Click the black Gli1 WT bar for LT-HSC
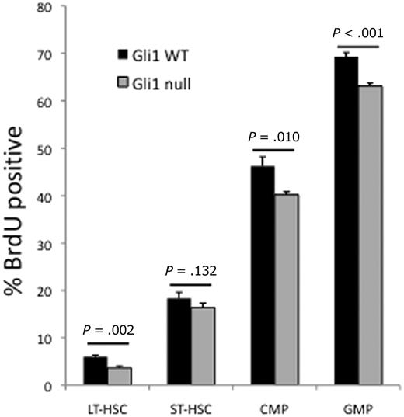(96, 371)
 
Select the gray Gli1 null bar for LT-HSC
(120, 376)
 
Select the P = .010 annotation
(273, 137)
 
